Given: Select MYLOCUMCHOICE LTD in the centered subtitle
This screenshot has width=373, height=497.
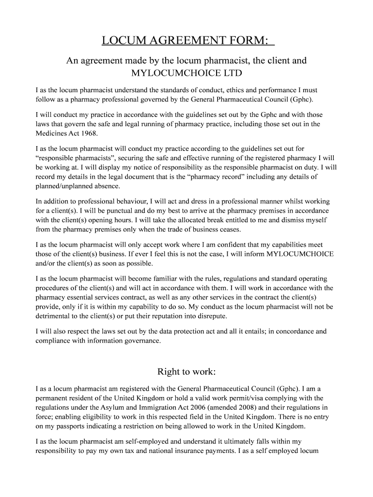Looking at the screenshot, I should click(x=186, y=74).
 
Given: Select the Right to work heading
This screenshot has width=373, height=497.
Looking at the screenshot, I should click(x=186, y=372).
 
